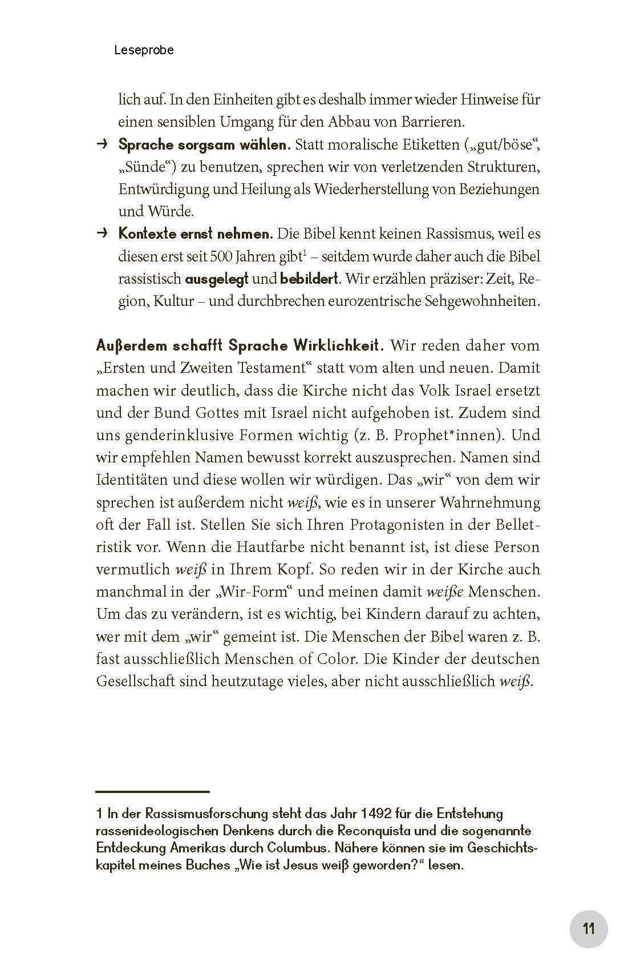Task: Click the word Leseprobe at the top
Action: (144, 50)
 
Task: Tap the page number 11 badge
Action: (589, 929)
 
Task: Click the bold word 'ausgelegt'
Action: (216, 279)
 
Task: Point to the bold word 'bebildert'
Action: (309, 279)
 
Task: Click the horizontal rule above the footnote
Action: (152, 791)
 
